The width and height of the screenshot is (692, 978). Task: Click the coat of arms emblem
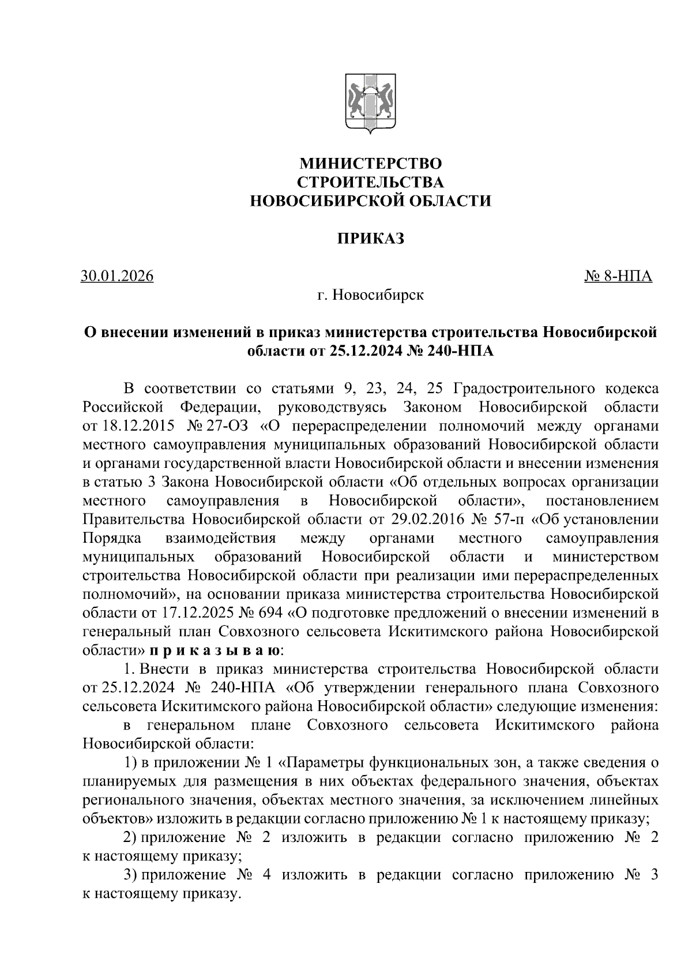pos(370,104)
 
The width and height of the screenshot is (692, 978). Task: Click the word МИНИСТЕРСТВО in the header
pos(370,163)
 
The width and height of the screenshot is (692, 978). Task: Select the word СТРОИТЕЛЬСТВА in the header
pos(370,182)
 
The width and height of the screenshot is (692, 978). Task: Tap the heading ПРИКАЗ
pos(370,238)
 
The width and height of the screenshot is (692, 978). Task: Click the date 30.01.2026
pos(118,277)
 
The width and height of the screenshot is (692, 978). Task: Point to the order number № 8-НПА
pos(618,277)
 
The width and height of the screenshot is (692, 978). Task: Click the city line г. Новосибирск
pos(370,296)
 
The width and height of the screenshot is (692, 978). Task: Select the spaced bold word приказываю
pos(215,651)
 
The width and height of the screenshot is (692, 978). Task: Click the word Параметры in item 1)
pos(319,763)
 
